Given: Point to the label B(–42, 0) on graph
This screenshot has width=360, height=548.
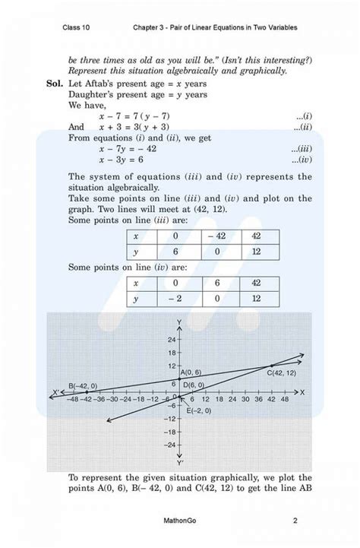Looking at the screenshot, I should [x=82, y=385].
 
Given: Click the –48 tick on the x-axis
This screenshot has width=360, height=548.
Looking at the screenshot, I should [x=74, y=398].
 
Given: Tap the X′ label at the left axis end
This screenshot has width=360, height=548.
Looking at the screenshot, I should [x=55, y=392].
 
